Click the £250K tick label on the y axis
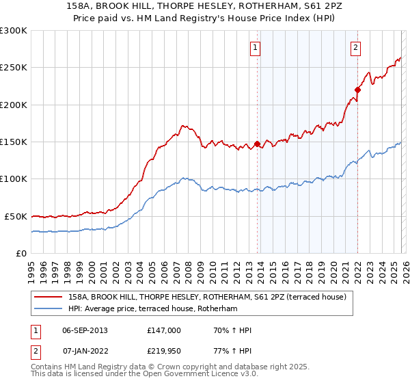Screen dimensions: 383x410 point(14,68)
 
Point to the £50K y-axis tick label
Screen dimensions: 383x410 point(16,216)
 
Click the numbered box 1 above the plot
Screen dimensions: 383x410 point(255,47)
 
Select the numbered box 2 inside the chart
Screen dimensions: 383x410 point(357,47)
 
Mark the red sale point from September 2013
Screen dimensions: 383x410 point(257,144)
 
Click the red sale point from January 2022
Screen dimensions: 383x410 point(357,90)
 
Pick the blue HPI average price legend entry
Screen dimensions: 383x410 point(152,309)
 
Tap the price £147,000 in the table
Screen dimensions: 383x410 point(163,330)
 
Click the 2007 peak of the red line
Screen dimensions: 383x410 point(183,126)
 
